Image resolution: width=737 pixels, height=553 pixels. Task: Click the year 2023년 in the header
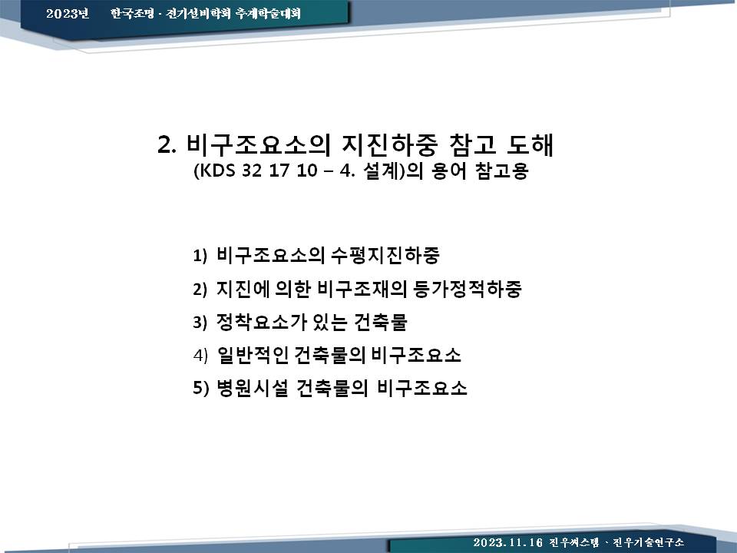tap(68, 13)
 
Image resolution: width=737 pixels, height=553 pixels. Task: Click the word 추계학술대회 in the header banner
tap(268, 13)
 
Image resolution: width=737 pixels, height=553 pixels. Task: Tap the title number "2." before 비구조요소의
tap(167, 145)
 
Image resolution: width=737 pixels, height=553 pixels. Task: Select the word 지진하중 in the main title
tap(390, 144)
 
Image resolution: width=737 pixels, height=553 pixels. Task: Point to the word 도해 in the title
tap(530, 144)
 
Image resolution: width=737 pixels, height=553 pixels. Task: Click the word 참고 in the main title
tap(473, 144)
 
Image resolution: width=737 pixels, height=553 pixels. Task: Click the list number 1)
tap(200, 256)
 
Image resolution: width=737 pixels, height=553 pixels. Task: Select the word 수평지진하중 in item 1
tap(385, 255)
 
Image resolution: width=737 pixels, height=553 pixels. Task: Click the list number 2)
tap(200, 290)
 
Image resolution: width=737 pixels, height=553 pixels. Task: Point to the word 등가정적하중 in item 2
tap(468, 288)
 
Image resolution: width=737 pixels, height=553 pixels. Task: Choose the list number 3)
tap(200, 323)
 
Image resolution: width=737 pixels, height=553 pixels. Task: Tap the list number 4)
tap(200, 356)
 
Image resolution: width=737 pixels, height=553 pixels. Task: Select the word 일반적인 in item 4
tap(253, 355)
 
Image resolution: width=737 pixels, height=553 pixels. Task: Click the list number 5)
tap(200, 389)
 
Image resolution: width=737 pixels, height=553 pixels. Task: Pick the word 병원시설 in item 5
tap(252, 387)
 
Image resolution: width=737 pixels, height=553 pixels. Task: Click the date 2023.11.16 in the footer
tap(507, 542)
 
